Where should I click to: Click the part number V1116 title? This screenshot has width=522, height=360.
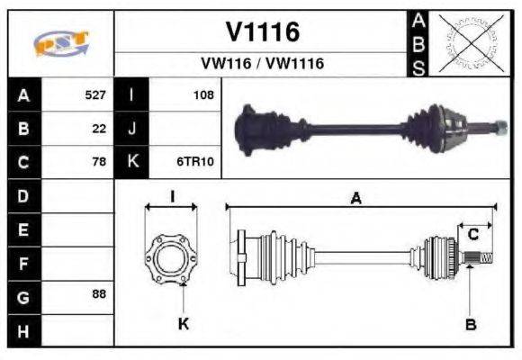tap(262, 32)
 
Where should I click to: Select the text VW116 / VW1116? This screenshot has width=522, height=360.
tap(262, 64)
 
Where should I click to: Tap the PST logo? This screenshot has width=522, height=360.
tap(60, 43)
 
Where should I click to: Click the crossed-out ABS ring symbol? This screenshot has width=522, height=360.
tap(469, 42)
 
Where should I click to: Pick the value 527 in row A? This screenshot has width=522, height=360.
tap(94, 94)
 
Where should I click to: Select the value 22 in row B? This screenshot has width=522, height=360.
tap(99, 129)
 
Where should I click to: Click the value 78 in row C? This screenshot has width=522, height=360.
tap(99, 162)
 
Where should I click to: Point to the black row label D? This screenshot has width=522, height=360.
tap(22, 195)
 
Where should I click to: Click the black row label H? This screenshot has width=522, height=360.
tap(22, 330)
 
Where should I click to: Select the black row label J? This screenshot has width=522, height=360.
tap(132, 129)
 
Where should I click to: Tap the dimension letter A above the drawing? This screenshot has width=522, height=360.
tap(356, 200)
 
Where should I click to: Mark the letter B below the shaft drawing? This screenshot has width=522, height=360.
tap(470, 324)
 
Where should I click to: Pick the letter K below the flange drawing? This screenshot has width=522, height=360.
tap(183, 324)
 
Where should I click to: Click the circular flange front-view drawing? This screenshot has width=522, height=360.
tap(171, 257)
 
